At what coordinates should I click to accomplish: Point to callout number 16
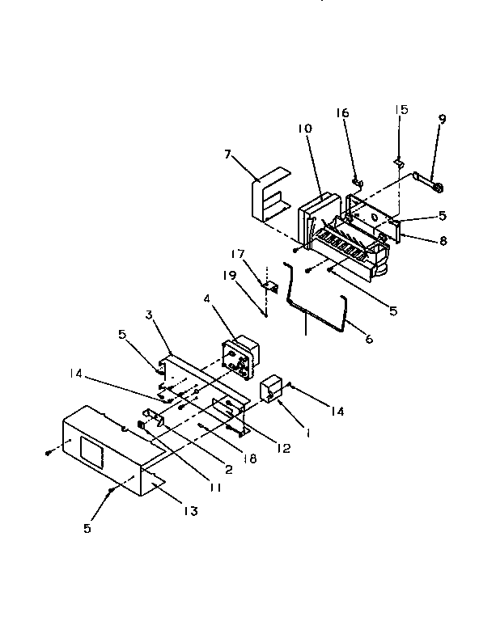[x=343, y=113]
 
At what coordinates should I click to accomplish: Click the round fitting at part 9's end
[x=439, y=189]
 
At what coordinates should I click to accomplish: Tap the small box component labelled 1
[x=270, y=389]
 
